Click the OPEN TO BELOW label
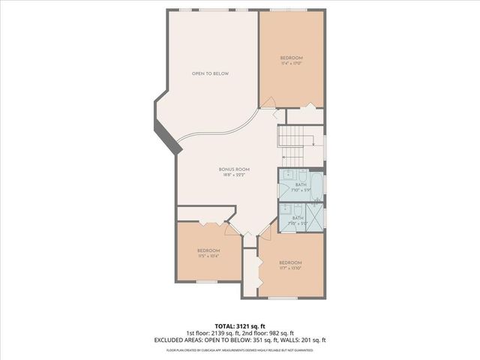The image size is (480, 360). pyautogui.click(x=210, y=73)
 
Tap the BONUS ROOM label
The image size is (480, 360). pyautogui.click(x=234, y=169)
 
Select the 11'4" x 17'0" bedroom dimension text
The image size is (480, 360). pyautogui.click(x=292, y=63)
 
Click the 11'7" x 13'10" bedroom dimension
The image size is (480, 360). pyautogui.click(x=292, y=268)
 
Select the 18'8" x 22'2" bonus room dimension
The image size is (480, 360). pyautogui.click(x=234, y=175)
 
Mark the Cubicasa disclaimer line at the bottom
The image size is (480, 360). pyautogui.click(x=239, y=349)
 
